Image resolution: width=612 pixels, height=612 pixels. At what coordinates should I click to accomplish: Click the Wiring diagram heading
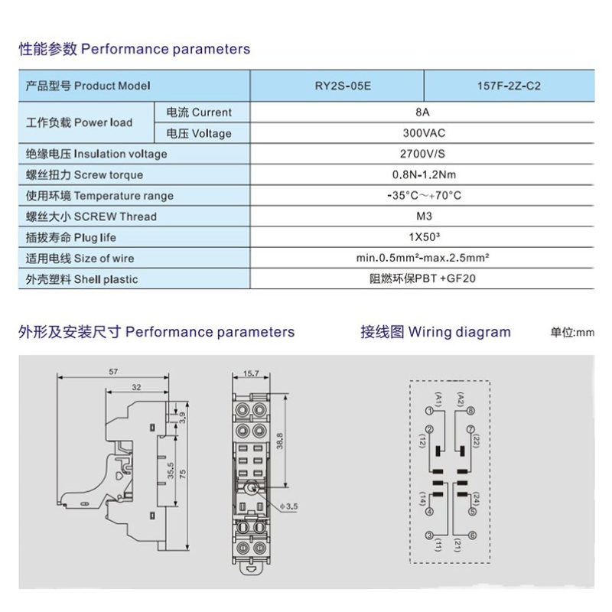pos(435,332)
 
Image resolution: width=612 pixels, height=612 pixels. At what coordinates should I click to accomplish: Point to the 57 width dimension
pos(113,372)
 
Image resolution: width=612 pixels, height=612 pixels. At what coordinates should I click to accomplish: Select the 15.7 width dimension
pos(252,374)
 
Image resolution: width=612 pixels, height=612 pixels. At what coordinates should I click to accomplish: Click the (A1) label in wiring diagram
pos(438,399)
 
